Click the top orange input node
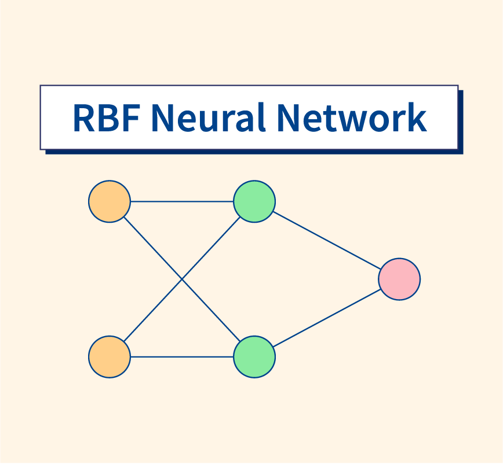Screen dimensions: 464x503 click(x=110, y=201)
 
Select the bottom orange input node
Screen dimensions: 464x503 click(x=110, y=356)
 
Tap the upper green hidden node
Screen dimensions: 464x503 click(x=254, y=201)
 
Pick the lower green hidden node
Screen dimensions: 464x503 click(x=254, y=356)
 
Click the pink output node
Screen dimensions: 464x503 click(x=399, y=279)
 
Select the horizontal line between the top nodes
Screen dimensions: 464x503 click(x=182, y=201)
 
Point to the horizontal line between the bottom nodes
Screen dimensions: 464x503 click(x=182, y=356)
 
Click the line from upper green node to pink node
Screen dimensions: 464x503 click(x=327, y=240)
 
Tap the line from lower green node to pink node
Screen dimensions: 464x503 click(x=327, y=318)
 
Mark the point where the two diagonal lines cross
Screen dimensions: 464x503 click(x=182, y=279)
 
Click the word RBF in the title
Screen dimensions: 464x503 click(x=107, y=117)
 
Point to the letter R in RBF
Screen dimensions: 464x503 click(x=85, y=117)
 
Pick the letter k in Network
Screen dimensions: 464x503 click(x=416, y=117)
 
